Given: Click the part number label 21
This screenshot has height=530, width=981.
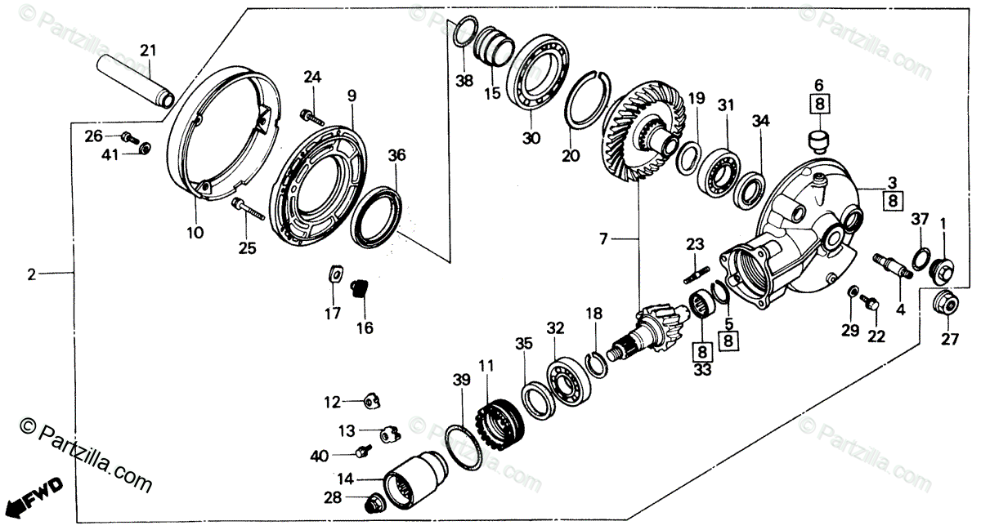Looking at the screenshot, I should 147,51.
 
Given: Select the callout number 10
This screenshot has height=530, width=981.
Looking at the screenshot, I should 194,233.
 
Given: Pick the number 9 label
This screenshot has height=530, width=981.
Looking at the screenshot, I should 352,96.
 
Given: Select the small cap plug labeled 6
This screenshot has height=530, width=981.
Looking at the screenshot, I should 817,141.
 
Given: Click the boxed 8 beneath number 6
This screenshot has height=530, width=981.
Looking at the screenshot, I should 817,103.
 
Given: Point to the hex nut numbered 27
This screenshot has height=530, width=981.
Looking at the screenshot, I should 947,304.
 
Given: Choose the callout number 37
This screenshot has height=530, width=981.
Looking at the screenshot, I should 921,218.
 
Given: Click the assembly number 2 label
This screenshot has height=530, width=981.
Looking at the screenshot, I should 31,275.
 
